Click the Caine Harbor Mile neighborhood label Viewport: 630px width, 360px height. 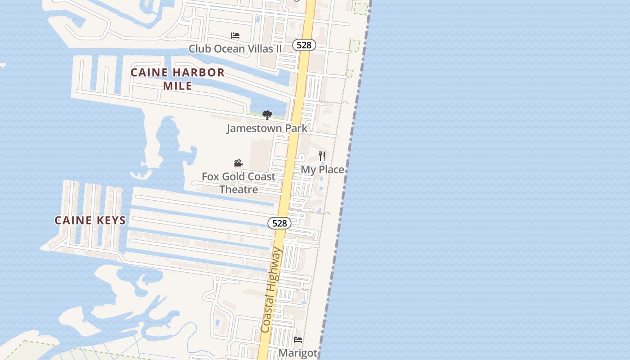tap(177, 79)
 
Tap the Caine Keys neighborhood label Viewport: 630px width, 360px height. tap(90, 220)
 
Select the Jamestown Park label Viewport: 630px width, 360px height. tap(267, 128)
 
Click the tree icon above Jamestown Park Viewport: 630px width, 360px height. tap(267, 115)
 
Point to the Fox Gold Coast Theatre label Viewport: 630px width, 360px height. tap(238, 183)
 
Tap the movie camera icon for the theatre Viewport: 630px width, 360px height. tap(238, 163)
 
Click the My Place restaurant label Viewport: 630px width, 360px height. tap(322, 170)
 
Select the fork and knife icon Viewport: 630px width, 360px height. tap(322, 156)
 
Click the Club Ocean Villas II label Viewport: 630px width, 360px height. tap(235, 49)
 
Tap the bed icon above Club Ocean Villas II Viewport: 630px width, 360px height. tap(235, 36)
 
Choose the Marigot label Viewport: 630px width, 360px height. tap(298, 352)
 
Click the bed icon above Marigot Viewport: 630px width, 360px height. tap(298, 340)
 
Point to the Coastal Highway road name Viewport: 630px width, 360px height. tap(271, 291)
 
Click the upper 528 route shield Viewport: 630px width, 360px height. tap(304, 45)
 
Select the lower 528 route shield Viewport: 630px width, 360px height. tap(279, 223)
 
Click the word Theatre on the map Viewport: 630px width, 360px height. tap(238, 189)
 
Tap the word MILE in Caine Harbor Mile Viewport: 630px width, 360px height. tap(177, 85)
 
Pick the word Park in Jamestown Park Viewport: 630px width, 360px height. tap(292, 128)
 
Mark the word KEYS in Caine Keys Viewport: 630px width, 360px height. tap(110, 220)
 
